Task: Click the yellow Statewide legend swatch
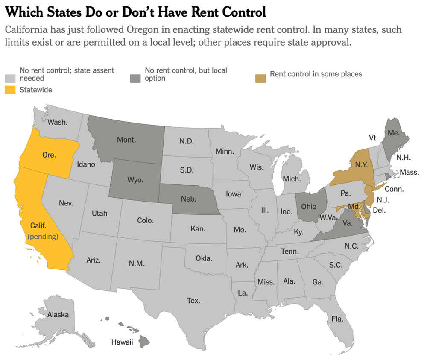10,90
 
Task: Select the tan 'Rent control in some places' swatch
260,78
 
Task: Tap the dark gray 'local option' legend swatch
135,78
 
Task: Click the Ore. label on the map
49,155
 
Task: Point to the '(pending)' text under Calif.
43,236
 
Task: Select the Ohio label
309,206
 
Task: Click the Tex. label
193,301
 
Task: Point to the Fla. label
337,319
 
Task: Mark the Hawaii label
122,342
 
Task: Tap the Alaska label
58,315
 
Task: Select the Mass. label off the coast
409,173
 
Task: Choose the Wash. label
57,122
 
